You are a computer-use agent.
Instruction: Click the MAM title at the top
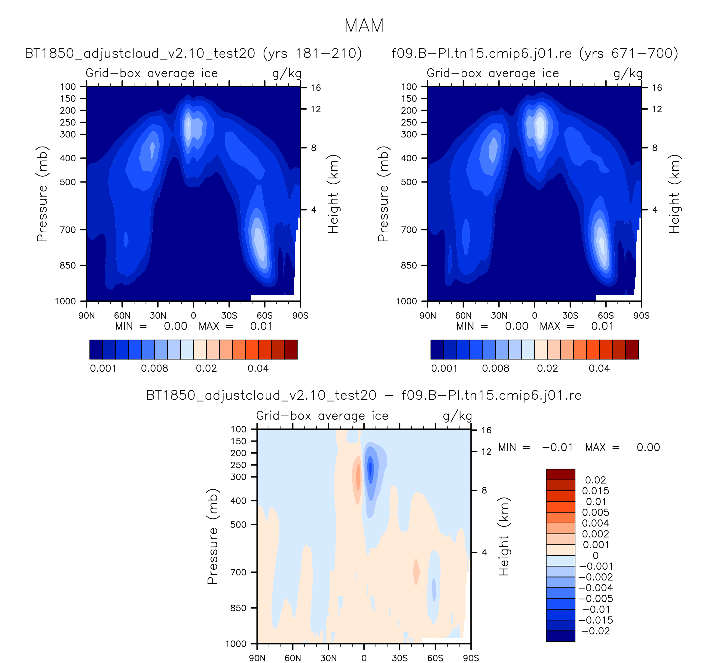(x=364, y=26)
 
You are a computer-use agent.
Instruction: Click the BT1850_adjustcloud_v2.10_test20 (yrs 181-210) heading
(x=193, y=54)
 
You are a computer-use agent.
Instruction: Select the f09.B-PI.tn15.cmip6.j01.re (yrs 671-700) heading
(x=535, y=54)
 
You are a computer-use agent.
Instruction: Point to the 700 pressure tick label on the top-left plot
(x=68, y=230)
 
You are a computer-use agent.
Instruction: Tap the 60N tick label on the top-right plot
(x=463, y=316)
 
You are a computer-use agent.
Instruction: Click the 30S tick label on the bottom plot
(x=399, y=658)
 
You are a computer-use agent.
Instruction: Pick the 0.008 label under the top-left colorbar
(x=154, y=368)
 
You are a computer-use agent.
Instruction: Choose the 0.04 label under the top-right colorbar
(x=599, y=368)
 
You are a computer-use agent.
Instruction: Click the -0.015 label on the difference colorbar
(x=596, y=620)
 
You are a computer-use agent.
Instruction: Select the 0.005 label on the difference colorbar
(x=595, y=513)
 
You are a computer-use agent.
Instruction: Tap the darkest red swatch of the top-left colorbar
(x=291, y=350)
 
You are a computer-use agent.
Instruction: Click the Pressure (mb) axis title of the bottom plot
(x=213, y=537)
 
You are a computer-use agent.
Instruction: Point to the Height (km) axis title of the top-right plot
(x=674, y=194)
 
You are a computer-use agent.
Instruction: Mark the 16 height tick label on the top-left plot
(x=316, y=88)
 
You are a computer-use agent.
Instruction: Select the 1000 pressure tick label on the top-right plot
(x=406, y=301)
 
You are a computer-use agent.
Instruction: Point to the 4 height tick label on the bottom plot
(x=484, y=552)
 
